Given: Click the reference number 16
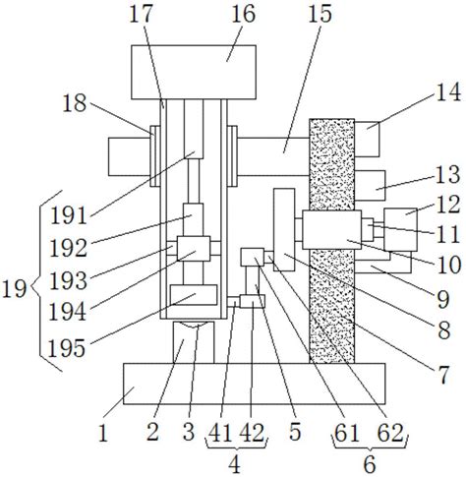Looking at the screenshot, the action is [243, 14].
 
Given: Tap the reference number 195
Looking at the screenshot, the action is [67, 348].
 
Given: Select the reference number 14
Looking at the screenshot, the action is [448, 92].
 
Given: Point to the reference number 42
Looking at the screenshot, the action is [252, 433].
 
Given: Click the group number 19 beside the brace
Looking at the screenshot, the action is [15, 289].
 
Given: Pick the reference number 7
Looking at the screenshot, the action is [443, 375].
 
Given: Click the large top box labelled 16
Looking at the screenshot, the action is [194, 72].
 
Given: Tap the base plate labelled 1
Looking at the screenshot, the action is [254, 384].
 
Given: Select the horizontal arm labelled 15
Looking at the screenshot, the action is [273, 156].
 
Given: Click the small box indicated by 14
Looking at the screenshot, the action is [367, 139].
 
